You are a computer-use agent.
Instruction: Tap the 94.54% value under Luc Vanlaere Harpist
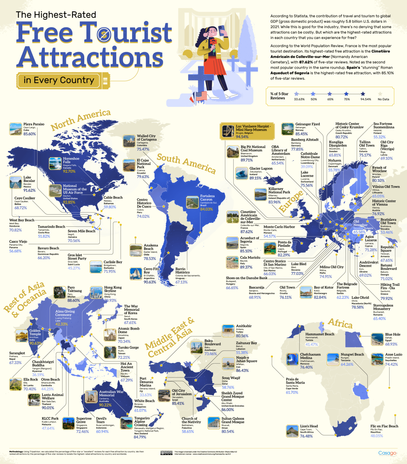(242, 137)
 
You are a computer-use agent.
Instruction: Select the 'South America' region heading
(186, 163)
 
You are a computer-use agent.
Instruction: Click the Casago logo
(387, 453)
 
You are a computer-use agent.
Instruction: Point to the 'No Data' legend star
(380, 94)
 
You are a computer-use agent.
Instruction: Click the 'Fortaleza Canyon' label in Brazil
(207, 198)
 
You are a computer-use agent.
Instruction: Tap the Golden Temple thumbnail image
(22, 336)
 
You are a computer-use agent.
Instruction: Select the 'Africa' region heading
(340, 323)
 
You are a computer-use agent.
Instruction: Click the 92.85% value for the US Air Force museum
(69, 202)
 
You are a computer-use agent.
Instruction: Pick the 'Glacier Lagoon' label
(261, 169)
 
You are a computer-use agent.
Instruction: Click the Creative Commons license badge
(166, 453)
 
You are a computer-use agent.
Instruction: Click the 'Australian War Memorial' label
(111, 393)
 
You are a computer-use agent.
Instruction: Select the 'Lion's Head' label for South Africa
(309, 426)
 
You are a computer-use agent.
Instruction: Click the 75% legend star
(346, 94)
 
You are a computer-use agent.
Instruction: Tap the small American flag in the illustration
(201, 96)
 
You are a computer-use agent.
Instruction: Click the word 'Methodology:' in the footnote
(16, 452)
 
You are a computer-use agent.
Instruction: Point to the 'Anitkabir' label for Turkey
(244, 326)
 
